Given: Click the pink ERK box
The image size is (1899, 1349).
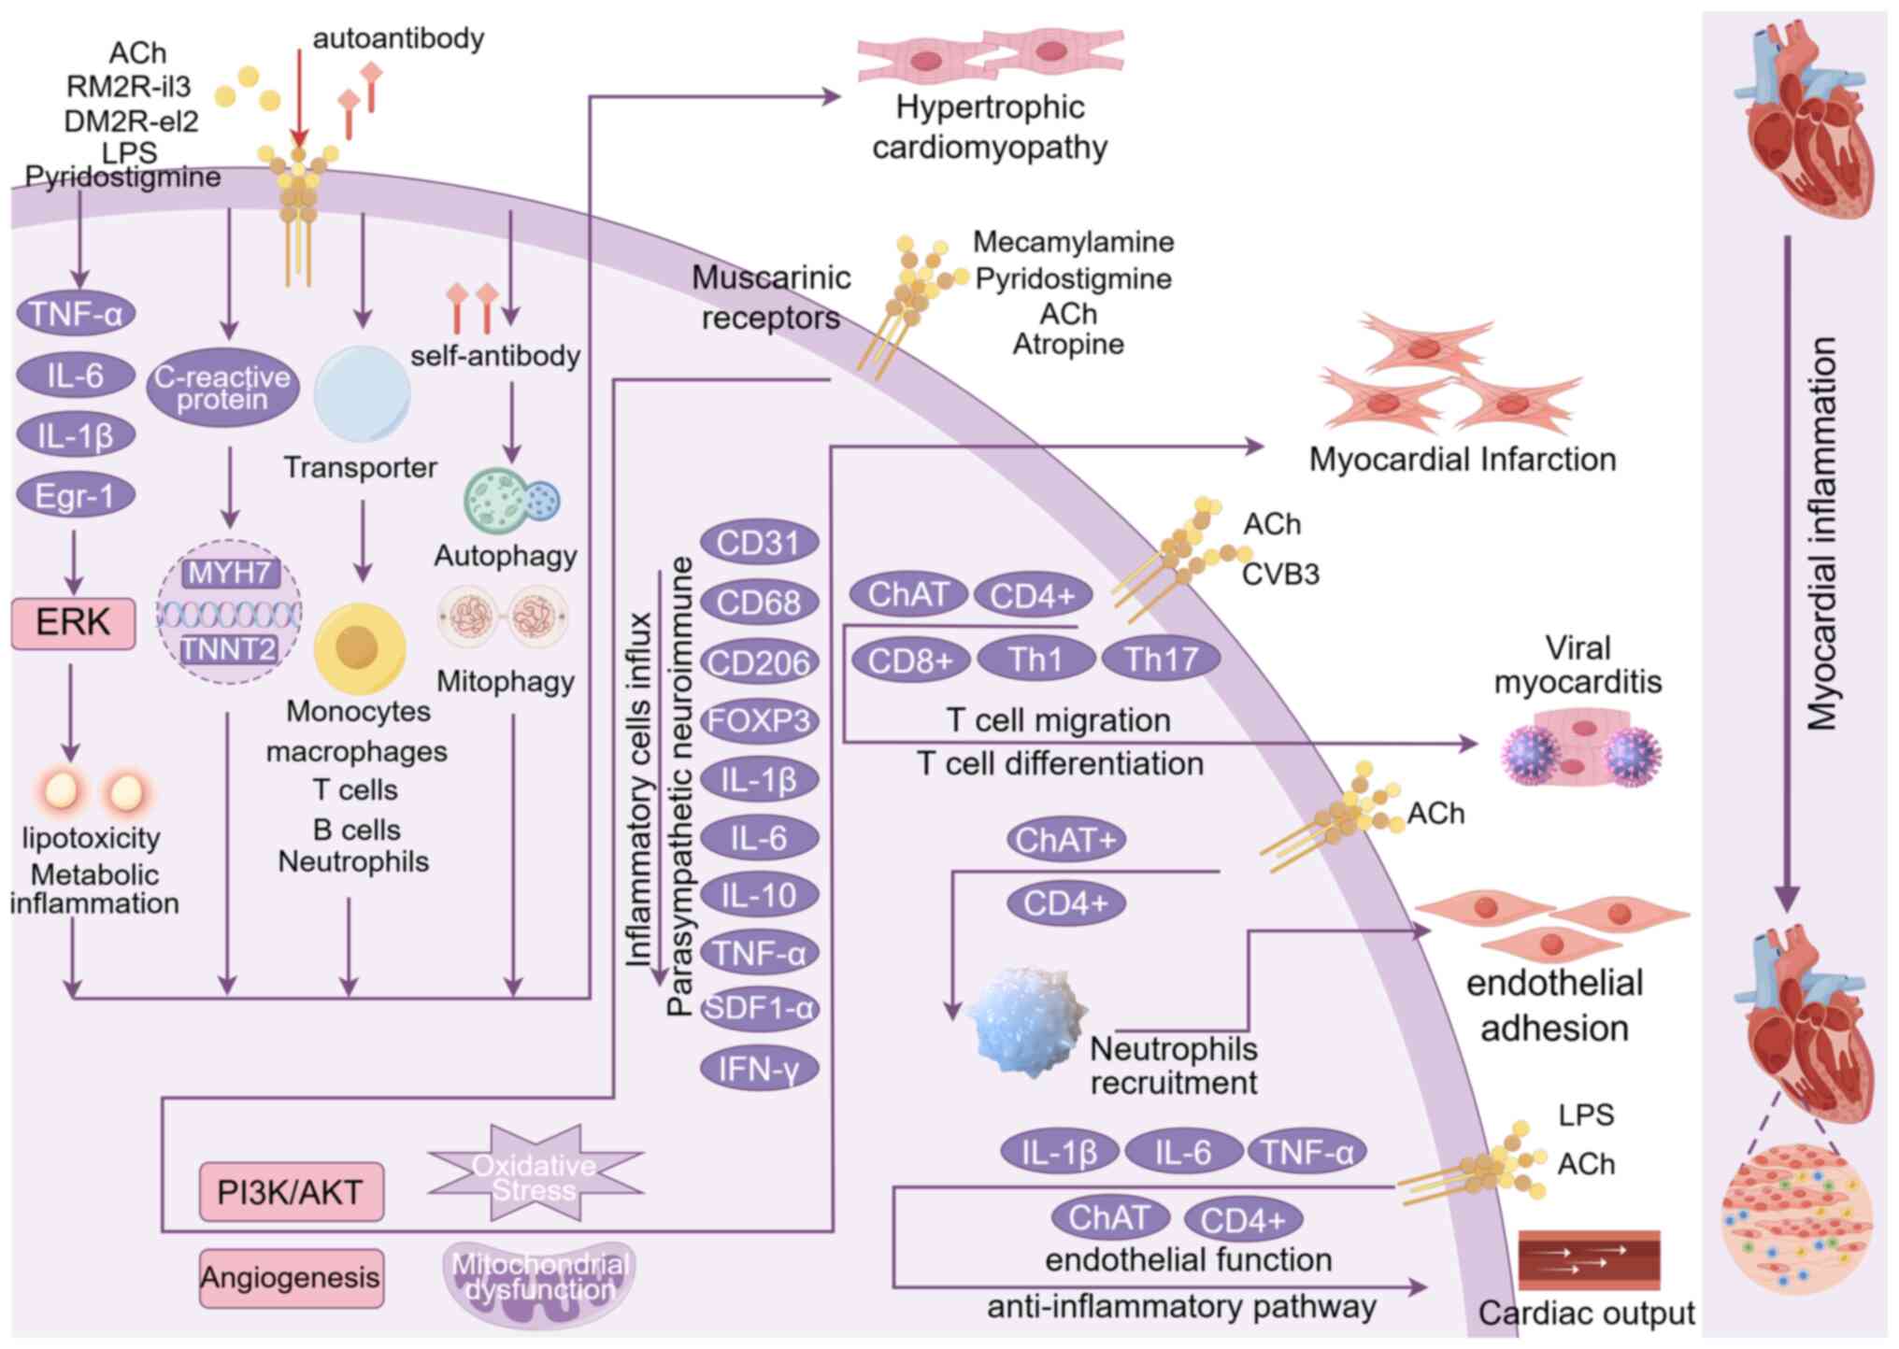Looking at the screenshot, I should point(73,623).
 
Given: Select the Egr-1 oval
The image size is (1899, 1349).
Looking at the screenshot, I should point(75,495).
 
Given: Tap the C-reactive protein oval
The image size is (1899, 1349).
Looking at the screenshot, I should point(222,388).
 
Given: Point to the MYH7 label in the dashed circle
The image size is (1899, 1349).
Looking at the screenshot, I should point(229,573).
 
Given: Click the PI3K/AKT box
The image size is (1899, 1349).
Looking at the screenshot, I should point(291,1192).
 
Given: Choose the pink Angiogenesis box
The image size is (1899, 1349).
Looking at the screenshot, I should point(291,1277).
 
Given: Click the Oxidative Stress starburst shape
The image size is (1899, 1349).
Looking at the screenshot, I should point(535,1176).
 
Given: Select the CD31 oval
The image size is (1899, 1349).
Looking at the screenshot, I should point(759,543).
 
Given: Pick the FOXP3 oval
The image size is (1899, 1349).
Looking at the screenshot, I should point(759,721).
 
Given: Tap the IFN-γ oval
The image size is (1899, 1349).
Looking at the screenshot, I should point(759,1069).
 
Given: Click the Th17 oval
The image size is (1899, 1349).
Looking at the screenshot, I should point(1161,660).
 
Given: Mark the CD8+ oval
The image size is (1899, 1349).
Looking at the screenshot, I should point(909,660).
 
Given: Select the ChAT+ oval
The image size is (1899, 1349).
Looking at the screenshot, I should point(1065,840).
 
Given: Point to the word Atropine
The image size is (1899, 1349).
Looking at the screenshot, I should point(1068,345).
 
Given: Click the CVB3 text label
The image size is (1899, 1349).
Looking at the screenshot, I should point(1280,574).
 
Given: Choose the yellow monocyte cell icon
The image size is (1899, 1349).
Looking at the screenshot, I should point(359,647).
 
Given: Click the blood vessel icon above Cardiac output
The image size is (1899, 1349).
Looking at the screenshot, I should point(1589,1259).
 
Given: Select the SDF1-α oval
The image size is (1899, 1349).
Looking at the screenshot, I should point(759,1009).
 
